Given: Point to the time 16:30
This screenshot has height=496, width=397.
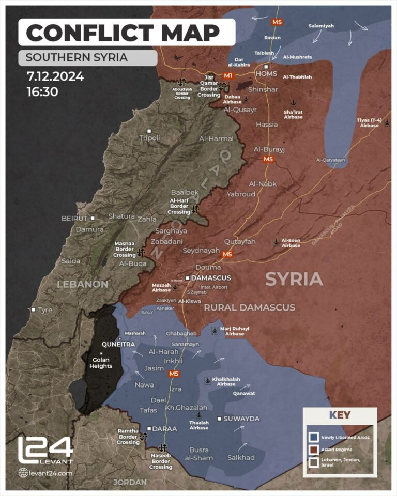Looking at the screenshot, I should coord(42,92).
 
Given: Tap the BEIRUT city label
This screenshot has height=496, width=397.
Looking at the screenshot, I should coord(75,218).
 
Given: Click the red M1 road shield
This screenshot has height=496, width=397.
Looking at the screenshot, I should coord(228,76).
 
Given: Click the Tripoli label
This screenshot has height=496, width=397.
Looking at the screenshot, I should coord(150,138).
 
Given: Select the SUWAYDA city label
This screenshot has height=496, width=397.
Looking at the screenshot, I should coord(241,419).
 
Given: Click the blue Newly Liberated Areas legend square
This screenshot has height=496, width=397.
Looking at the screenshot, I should coord(312,437).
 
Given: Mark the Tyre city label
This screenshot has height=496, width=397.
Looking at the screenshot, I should coord(45,309).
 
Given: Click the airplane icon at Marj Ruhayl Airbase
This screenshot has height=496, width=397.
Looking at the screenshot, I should coord(215,330).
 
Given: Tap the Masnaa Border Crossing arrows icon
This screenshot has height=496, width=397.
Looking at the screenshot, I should coord(141,253).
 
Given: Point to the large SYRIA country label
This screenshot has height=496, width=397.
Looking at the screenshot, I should coord(294,280).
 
